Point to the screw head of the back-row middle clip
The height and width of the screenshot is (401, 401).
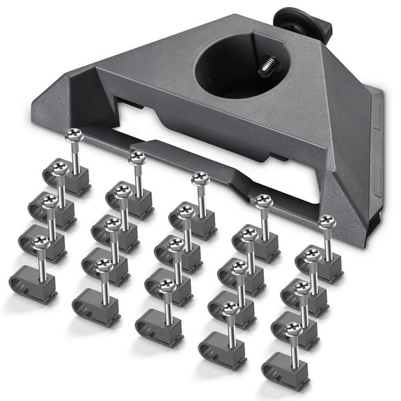point(199,179)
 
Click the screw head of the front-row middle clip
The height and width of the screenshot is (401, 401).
point(166,285)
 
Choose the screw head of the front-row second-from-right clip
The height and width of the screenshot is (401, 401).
point(230,307)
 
